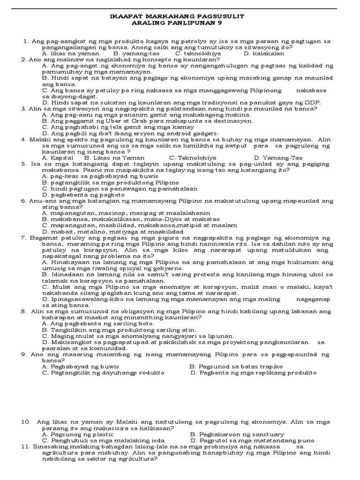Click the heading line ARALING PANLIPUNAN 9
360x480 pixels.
[180, 22]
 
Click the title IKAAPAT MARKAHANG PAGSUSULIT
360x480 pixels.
[180, 16]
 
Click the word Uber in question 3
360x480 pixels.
[113, 120]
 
